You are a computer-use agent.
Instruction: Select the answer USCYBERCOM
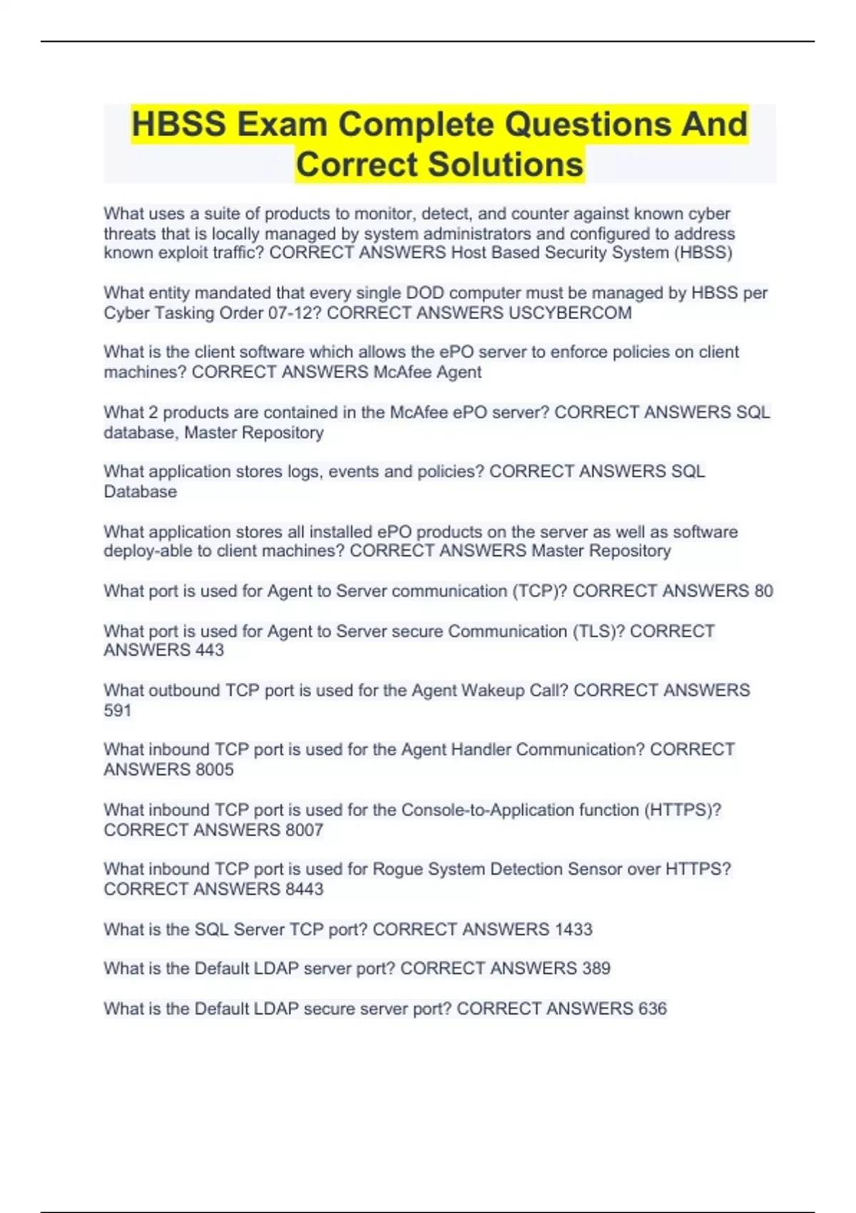pos(570,313)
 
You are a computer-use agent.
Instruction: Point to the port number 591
pos(118,711)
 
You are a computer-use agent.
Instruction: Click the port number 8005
pos(214,770)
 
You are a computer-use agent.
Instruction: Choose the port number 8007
pos(304,830)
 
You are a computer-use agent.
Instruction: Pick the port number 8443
pos(304,889)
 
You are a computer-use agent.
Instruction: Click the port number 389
pos(596,968)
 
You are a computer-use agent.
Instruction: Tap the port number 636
pos(652,1008)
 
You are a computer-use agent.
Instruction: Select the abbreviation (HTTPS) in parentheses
pos(682,810)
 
